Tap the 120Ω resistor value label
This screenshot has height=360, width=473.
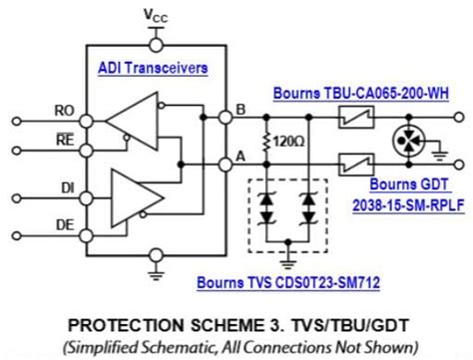(292, 141)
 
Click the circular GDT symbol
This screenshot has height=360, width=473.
(405, 137)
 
